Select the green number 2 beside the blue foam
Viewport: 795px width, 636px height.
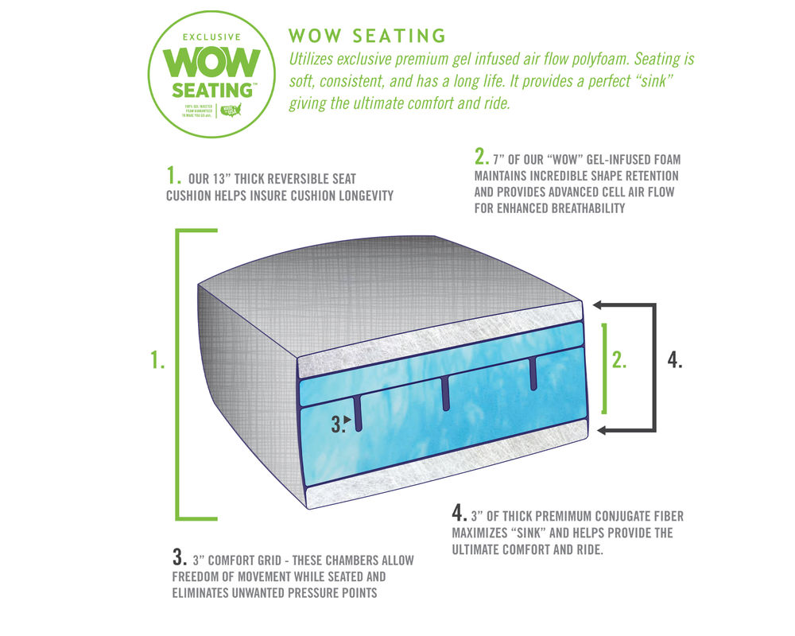point(619,360)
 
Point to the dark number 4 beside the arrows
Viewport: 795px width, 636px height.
point(675,360)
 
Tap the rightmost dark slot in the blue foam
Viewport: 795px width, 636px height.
point(533,372)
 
